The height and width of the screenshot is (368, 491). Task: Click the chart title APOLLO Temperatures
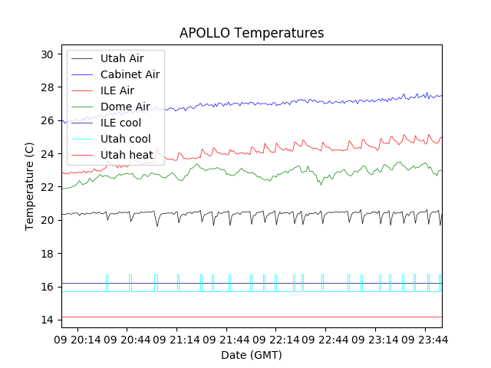252,33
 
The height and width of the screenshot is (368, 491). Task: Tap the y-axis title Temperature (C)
30,186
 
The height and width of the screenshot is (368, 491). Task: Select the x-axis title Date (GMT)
252,355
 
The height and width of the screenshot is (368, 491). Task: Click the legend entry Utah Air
121,58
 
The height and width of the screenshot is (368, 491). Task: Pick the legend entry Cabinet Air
130,74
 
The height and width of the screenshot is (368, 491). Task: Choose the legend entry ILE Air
117,90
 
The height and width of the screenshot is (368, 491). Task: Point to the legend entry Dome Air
125,107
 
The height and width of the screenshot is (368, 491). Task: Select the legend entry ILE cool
120,123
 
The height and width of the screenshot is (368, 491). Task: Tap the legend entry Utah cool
125,139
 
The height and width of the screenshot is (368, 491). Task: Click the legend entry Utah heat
127,155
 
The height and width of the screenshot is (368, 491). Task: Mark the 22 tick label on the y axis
47,187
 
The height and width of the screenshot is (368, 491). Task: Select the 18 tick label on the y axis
47,254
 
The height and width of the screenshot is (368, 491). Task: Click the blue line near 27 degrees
269,103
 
